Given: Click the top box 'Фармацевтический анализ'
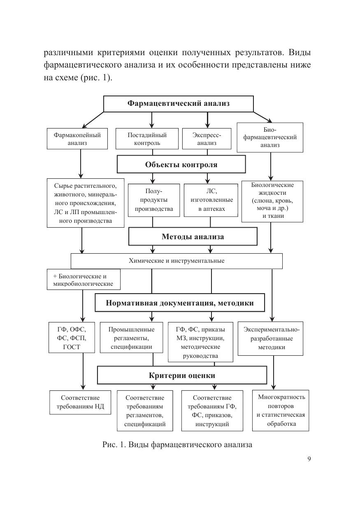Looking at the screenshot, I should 178,103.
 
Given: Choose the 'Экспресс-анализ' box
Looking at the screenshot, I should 207,139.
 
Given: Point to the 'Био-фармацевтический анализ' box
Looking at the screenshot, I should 270,138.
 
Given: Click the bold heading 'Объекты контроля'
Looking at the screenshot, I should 181,165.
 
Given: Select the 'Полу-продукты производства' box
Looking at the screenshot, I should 154,200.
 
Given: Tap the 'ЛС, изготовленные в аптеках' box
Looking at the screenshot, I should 211,200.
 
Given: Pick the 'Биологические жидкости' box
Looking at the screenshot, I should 272,201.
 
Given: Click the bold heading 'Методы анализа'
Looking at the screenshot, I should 193,237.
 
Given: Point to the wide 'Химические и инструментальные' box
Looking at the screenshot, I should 177,261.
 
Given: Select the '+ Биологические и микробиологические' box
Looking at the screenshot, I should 84,280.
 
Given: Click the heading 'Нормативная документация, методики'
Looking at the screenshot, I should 180,303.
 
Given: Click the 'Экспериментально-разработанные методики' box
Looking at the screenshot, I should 272,338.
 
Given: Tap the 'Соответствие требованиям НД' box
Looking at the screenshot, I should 80,402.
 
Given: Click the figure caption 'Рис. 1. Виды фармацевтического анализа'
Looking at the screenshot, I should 177,445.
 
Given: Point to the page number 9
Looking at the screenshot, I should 309,460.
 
